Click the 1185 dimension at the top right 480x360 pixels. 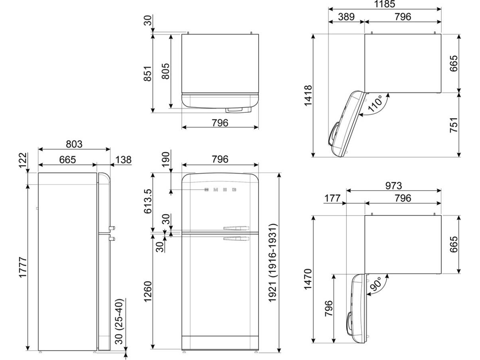384,4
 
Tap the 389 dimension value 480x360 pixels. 346,16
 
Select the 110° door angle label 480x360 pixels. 375,104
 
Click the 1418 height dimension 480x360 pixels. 308,96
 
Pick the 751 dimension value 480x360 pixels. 453,125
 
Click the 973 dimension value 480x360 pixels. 393,186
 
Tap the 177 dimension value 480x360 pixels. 333,198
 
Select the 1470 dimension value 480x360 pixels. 308,279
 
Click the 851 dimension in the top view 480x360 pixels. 148,73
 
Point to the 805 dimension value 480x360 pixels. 165,71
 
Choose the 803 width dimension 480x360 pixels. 74,144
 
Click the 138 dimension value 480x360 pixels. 123,160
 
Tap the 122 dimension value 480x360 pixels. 23,160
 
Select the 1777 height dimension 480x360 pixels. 23,267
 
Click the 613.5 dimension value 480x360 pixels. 148,201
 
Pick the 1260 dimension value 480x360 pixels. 148,291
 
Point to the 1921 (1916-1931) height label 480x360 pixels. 273,263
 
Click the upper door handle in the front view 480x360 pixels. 236,228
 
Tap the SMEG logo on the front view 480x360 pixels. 220,190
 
